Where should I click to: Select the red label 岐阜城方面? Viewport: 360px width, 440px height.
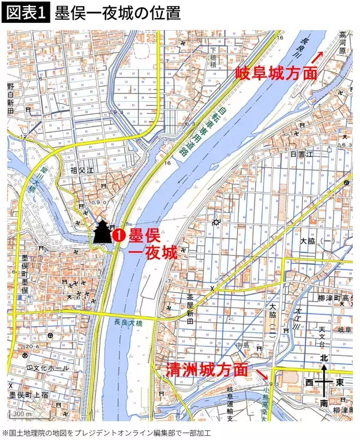coord(276,73)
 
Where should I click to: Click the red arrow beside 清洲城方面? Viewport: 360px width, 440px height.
coord(262,375)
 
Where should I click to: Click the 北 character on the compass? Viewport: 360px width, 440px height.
coord(325,358)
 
